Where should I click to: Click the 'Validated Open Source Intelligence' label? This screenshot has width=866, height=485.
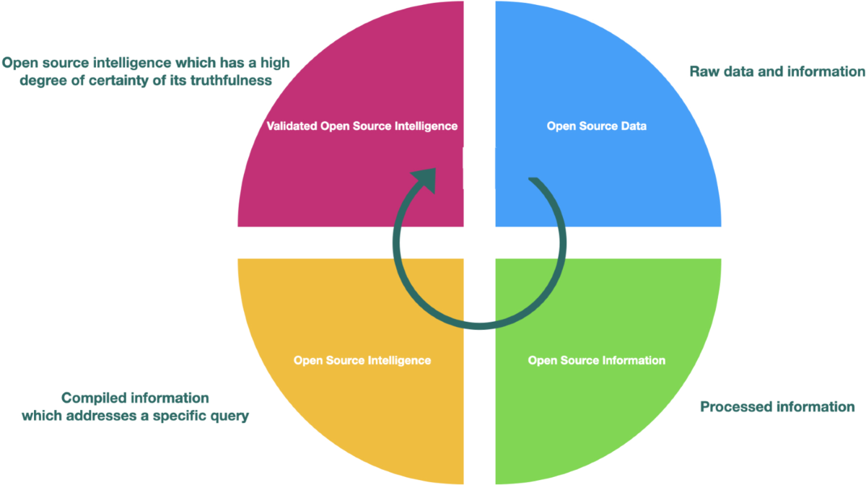[362, 126]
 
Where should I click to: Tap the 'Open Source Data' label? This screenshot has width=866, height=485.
[596, 126]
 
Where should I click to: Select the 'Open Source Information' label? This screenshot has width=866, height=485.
[596, 359]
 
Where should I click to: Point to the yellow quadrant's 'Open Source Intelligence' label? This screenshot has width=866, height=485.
[362, 359]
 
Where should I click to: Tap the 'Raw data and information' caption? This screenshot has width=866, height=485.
[777, 71]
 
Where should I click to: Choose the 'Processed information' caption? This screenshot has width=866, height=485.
[777, 407]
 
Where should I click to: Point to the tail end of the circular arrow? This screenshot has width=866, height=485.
[532, 180]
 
